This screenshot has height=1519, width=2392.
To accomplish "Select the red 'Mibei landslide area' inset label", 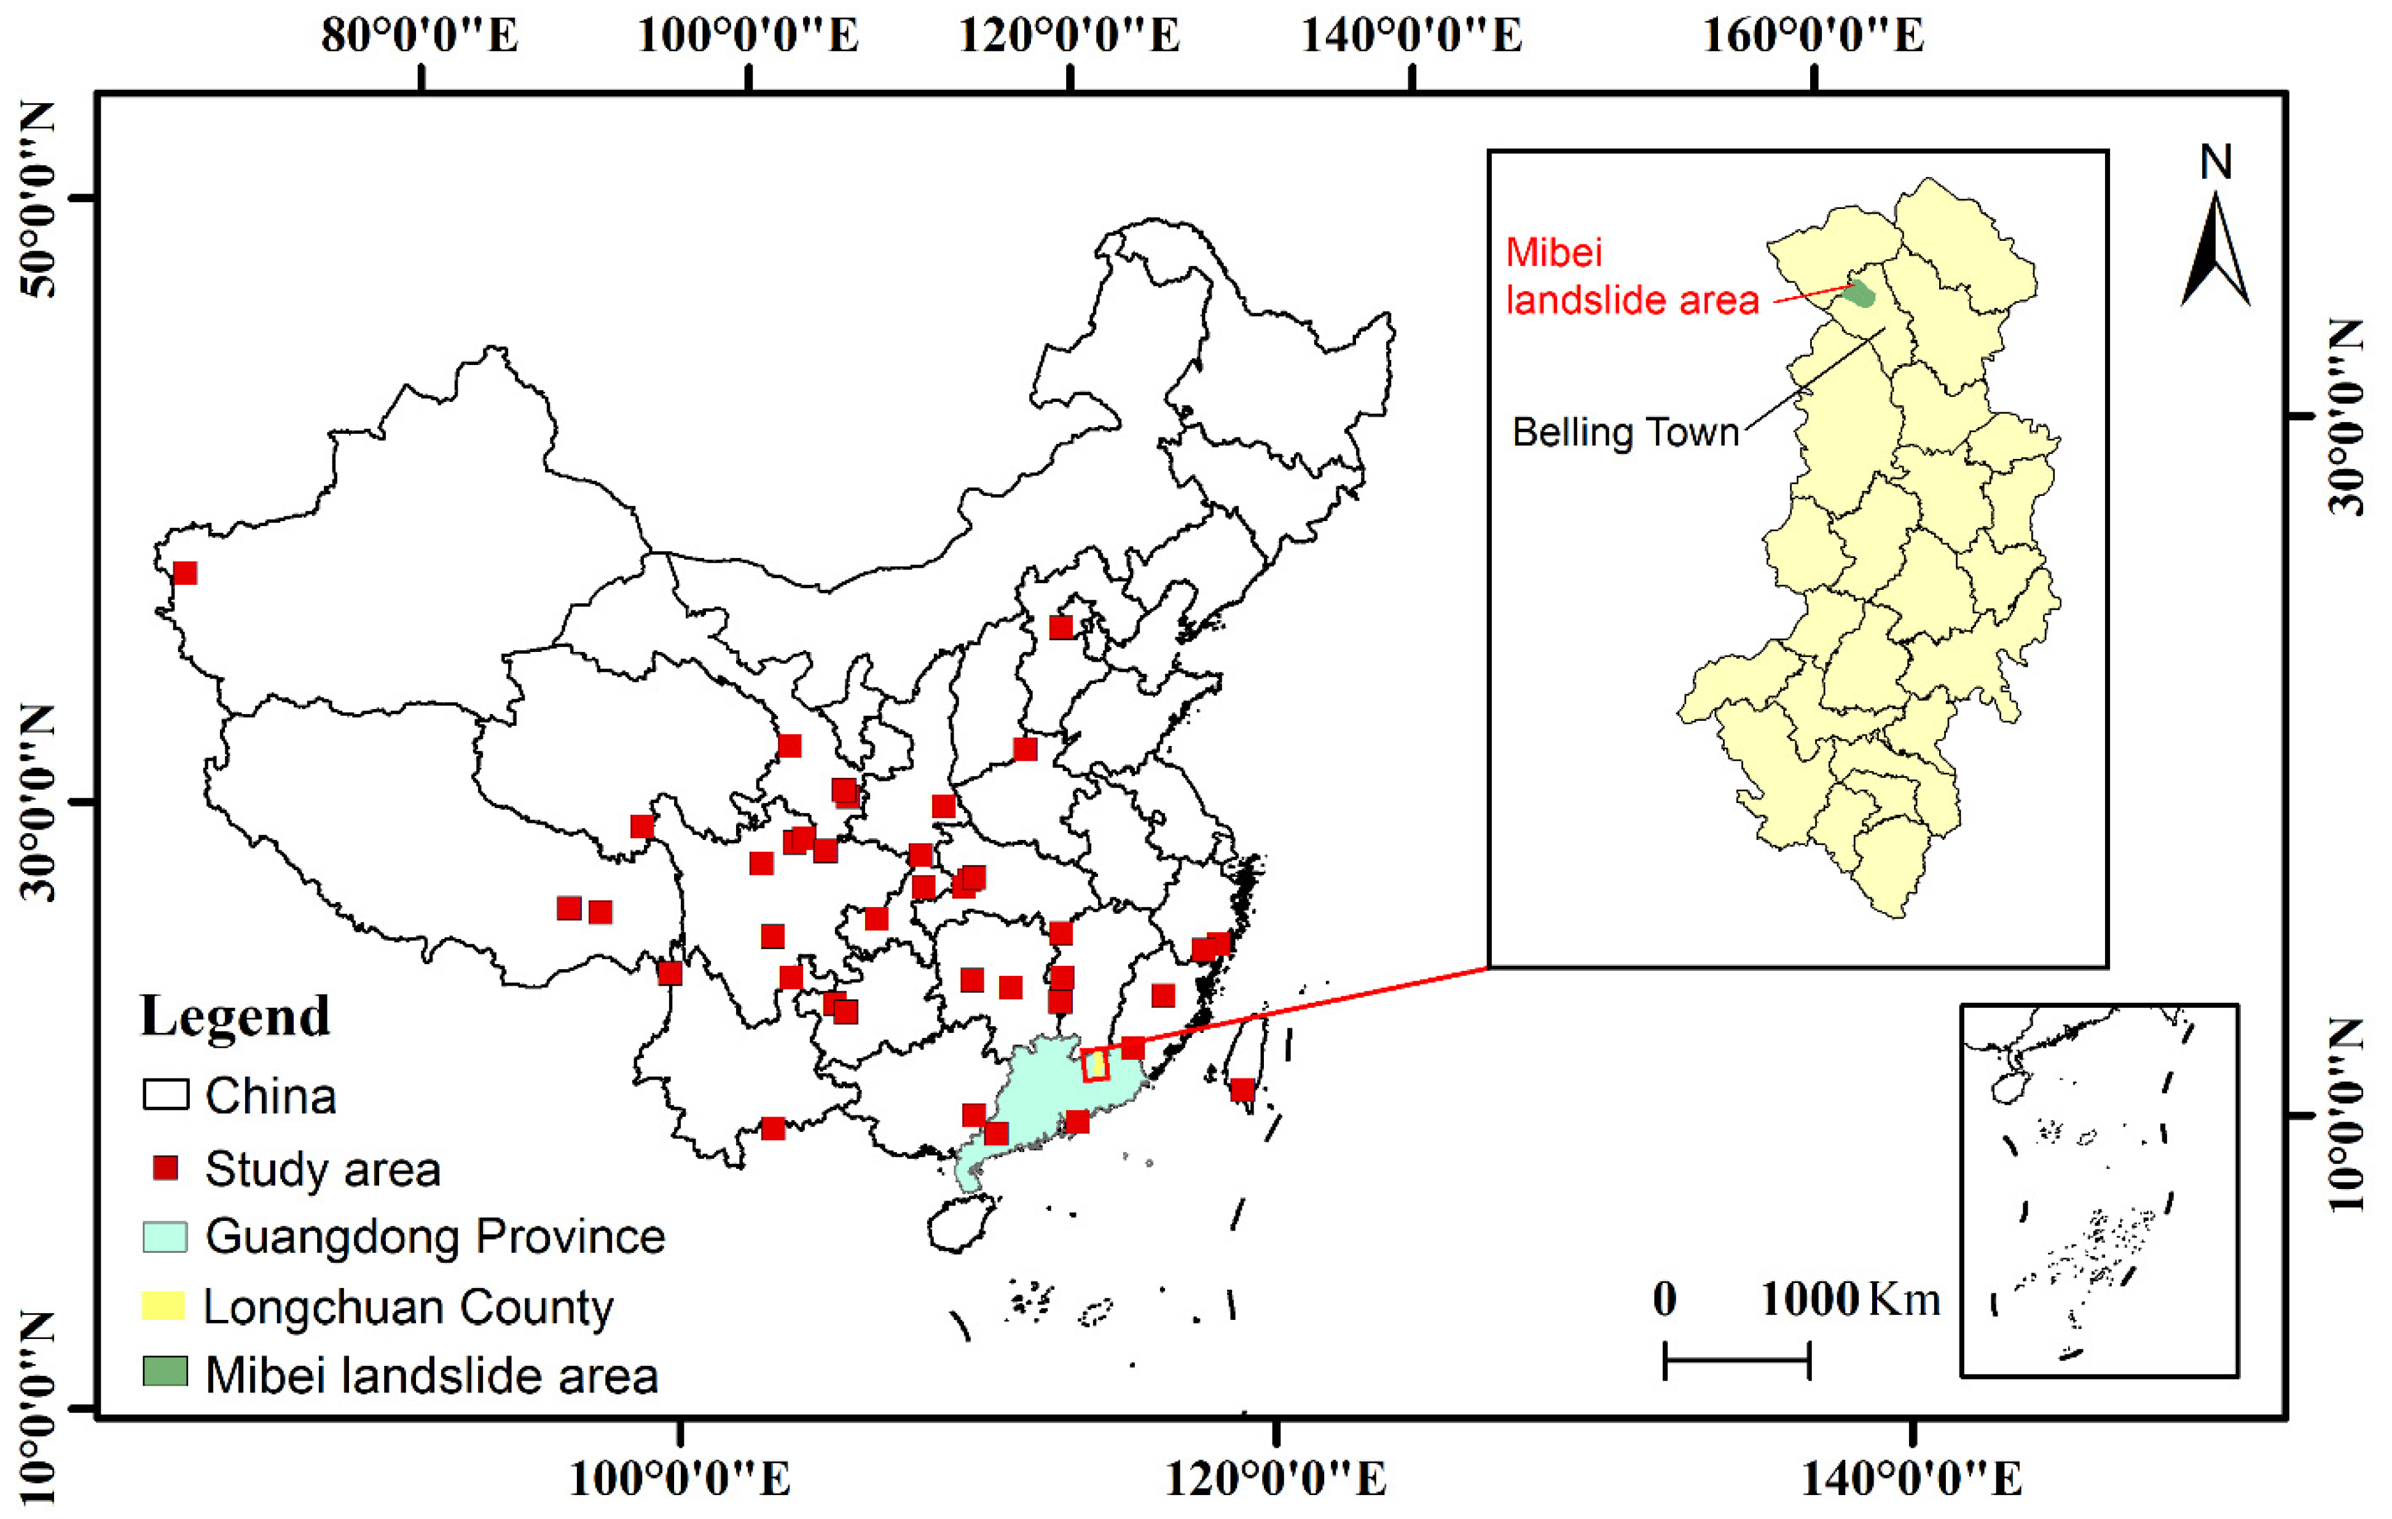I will [1631, 276].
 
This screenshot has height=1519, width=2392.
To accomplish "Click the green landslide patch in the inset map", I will [1859, 295].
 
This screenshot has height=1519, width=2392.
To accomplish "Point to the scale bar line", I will [1736, 1360].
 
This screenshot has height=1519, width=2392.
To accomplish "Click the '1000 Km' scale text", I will [1849, 1300].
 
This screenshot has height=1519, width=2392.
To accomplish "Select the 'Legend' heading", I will [235, 1016].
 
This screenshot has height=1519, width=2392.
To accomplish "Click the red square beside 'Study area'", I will [165, 1168].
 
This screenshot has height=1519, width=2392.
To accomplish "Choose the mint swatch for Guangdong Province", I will [164, 1237].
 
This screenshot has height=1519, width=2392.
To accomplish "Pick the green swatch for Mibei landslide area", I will [164, 1372].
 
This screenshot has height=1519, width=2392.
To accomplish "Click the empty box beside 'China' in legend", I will [165, 1095].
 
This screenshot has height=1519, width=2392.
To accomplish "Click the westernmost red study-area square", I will [185, 573].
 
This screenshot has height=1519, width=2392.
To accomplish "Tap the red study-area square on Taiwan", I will [1242, 1091].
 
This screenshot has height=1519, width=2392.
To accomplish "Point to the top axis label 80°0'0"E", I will [420, 36].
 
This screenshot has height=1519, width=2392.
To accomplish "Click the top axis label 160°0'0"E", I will [1813, 36].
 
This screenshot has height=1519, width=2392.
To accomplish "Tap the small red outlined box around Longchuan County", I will [1095, 1065].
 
